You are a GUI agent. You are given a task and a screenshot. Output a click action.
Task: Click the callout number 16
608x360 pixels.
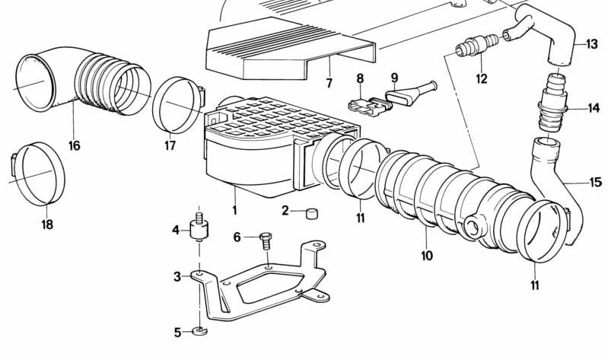pyautogui.click(x=73, y=145)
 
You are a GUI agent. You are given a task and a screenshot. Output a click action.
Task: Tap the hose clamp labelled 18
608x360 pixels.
pyautogui.click(x=36, y=175)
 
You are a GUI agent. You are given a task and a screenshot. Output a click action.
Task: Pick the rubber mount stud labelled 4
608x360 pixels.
pyautogui.click(x=199, y=227)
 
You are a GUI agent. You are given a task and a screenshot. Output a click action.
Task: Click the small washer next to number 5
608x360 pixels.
pyautogui.click(x=200, y=330)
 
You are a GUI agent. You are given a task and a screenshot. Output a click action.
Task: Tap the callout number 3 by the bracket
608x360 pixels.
pyautogui.click(x=177, y=276)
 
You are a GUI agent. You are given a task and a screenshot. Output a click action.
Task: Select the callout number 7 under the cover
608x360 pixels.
pyautogui.click(x=329, y=82)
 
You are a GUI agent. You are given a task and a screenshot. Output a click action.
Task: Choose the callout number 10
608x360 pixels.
pyautogui.click(x=426, y=256)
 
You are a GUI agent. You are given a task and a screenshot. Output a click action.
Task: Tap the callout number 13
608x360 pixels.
pyautogui.click(x=593, y=44)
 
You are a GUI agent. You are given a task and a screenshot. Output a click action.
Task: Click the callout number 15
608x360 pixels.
pyautogui.click(x=594, y=182)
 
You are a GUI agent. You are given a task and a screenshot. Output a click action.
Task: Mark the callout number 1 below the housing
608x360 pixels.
pyautogui.click(x=234, y=210)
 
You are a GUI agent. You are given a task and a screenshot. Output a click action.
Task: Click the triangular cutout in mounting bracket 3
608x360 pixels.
pyautogui.click(x=259, y=290)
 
